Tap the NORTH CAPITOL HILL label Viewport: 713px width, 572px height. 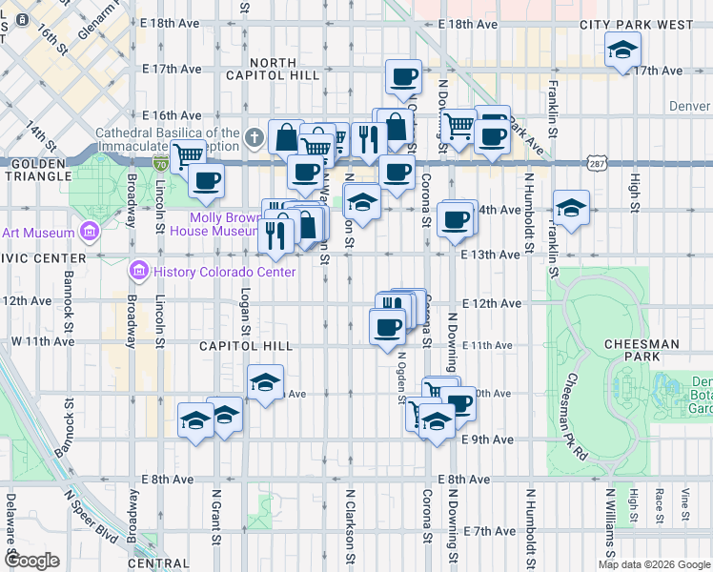(271, 68)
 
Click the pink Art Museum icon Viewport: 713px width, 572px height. (90, 232)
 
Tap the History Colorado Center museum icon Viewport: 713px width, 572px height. (139, 273)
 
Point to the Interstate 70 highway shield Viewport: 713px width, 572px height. (160, 163)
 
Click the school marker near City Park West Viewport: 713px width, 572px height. (622, 51)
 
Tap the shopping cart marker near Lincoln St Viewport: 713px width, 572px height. (188, 154)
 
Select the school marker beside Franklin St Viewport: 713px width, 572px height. (570, 209)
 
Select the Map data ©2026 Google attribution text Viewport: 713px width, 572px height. (654, 564)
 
